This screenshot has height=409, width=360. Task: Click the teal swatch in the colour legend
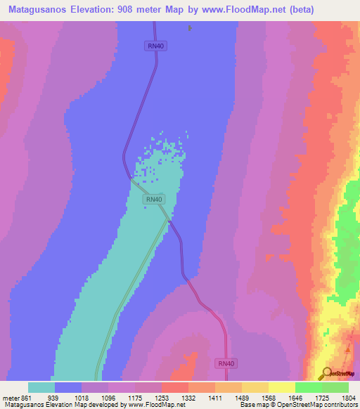pyautogui.click(x=41, y=387)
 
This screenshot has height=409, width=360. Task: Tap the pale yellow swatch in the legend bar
pyautogui.click(x=282, y=387)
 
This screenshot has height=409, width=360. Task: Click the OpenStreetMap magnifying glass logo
pyautogui.click(x=326, y=374)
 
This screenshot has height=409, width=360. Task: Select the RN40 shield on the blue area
pyautogui.click(x=156, y=46)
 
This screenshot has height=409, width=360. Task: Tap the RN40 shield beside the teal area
pyautogui.click(x=154, y=200)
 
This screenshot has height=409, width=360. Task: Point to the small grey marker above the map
pyautogui.click(x=189, y=28)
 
